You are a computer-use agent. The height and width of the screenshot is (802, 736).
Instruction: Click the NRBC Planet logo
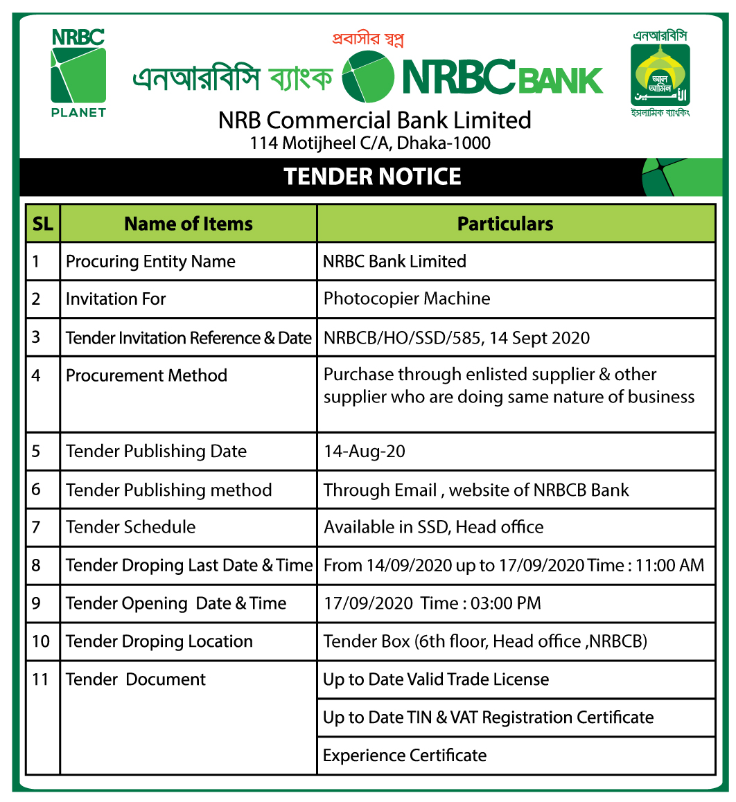coord(78,73)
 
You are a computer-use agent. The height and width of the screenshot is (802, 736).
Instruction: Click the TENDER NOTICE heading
coord(372,177)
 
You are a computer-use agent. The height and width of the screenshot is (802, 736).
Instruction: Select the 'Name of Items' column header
coord(189,224)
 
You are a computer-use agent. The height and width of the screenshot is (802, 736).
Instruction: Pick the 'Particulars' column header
coord(505,224)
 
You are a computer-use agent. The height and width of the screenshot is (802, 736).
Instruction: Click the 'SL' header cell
coord(43,224)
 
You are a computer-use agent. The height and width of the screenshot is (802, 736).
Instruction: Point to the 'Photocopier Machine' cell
coord(407,299)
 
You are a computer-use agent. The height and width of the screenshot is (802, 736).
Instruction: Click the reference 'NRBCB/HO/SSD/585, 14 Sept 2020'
coord(457,338)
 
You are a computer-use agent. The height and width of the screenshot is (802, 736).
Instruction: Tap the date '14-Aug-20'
coord(365,452)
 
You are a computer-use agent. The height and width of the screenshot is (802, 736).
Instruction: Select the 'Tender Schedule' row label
coord(131,527)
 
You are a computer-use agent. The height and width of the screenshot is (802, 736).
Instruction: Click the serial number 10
coord(41,641)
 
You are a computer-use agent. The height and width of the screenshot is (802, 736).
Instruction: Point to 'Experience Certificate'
coord(405,756)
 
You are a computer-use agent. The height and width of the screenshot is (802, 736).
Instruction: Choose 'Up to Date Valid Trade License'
coord(436,679)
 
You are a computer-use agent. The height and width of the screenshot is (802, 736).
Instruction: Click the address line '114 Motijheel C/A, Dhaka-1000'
coord(371,143)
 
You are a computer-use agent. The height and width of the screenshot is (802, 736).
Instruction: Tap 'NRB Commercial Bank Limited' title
coord(374,120)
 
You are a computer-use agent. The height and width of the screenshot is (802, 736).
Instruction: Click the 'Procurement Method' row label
coord(146,375)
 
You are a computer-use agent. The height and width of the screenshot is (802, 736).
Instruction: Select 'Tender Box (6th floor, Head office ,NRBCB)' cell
coord(485,641)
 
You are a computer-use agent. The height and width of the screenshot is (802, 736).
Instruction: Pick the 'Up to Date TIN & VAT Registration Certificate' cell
coord(488,718)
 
